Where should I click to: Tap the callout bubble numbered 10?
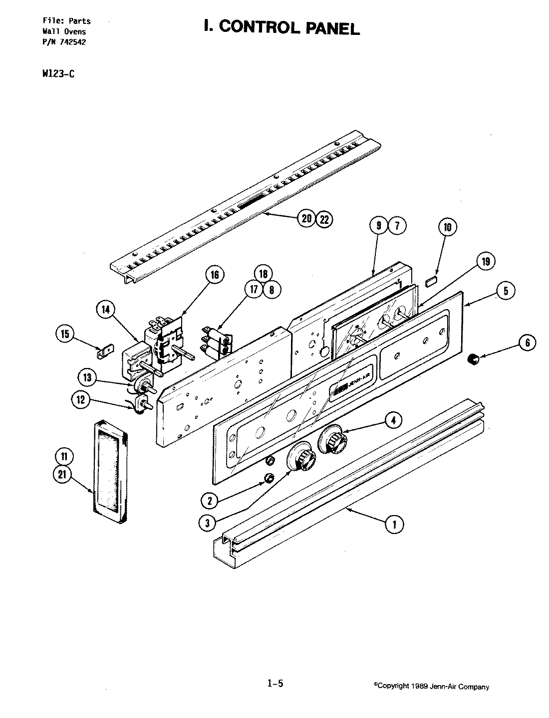(447, 228)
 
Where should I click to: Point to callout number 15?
(65, 334)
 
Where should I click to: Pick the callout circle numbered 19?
(486, 260)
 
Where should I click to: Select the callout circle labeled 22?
(324, 218)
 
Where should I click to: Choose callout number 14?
(105, 310)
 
